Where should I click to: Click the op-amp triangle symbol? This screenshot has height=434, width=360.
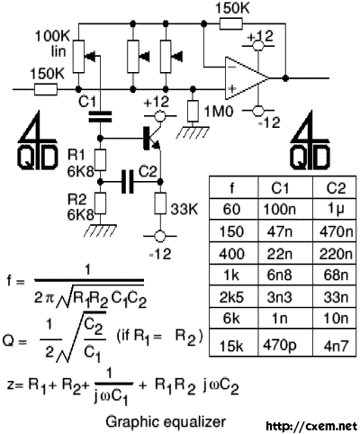click(245, 78)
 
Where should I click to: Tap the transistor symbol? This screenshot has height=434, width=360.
click(151, 139)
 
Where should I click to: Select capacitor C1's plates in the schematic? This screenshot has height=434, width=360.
click(100, 117)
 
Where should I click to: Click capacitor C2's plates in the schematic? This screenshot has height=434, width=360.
click(128, 182)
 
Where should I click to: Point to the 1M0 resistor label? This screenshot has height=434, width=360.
click(219, 113)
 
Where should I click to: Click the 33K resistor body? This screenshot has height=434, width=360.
click(160, 203)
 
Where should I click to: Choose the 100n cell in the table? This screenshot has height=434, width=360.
click(279, 209)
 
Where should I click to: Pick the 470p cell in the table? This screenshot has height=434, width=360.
click(279, 346)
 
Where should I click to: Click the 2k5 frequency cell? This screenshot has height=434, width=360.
click(231, 298)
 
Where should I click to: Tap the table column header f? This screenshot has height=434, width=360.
click(232, 188)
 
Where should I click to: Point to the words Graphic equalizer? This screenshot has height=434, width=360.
click(166, 421)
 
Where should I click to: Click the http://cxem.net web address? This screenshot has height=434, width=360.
click(312, 426)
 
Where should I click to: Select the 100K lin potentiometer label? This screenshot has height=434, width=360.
click(52, 44)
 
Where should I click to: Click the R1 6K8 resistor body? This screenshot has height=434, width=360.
click(101, 160)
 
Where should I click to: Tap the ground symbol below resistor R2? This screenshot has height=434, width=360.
click(101, 231)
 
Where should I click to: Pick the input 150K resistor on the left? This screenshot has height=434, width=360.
click(46, 89)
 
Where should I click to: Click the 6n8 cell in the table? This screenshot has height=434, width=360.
click(279, 276)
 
